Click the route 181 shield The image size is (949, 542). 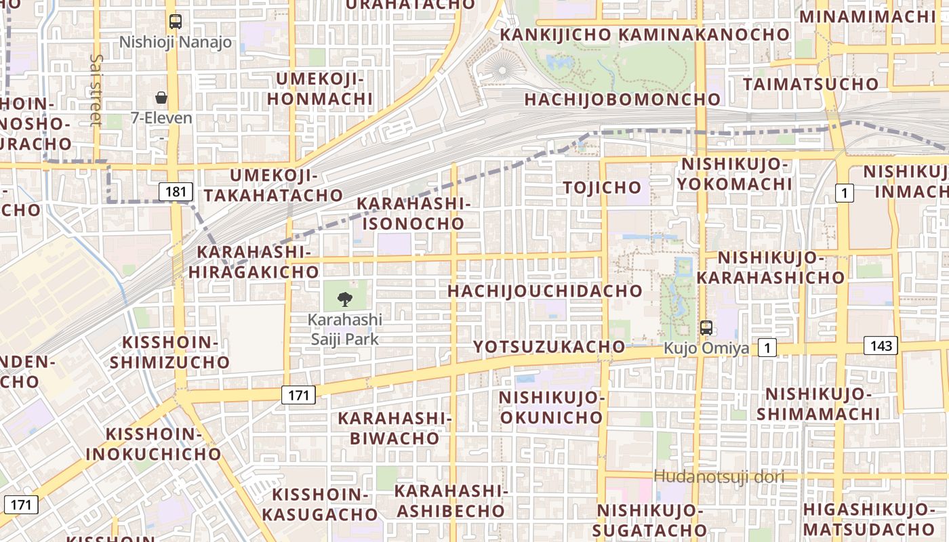pyautogui.click(x=175, y=192)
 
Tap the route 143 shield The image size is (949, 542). pyautogui.click(x=881, y=346)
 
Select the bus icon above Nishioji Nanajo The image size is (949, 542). pyautogui.click(x=176, y=22)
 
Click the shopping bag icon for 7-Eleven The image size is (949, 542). pyautogui.click(x=161, y=98)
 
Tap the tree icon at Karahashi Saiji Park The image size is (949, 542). pyautogui.click(x=345, y=299)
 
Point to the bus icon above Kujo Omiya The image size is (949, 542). pyautogui.click(x=706, y=328)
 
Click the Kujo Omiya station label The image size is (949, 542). pyautogui.click(x=706, y=349)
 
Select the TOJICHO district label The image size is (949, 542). pyautogui.click(x=602, y=188)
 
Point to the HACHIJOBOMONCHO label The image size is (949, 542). pyautogui.click(x=622, y=100)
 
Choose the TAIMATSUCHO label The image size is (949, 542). pyautogui.click(x=811, y=84)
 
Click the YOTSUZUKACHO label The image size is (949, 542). pyautogui.click(x=549, y=347)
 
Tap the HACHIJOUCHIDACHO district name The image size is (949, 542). pyautogui.click(x=545, y=291)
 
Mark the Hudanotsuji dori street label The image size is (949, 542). pyautogui.click(x=719, y=477)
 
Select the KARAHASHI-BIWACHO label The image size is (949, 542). pyautogui.click(x=395, y=428)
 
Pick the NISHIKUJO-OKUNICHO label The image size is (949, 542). pyautogui.click(x=552, y=407)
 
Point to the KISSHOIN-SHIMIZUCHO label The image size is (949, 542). pyautogui.click(x=170, y=352)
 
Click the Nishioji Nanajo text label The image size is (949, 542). pyautogui.click(x=176, y=43)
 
